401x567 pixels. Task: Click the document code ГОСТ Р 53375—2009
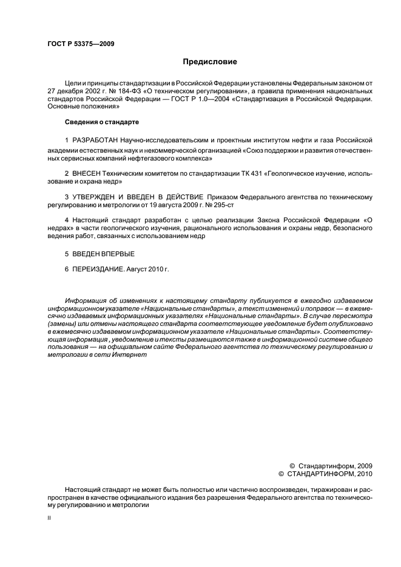click(x=81, y=44)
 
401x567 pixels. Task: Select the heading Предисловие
click(x=210, y=61)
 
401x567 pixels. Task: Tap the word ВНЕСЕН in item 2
click(x=89, y=173)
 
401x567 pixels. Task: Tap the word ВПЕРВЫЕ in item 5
click(x=115, y=253)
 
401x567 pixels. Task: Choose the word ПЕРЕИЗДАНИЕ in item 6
click(x=98, y=268)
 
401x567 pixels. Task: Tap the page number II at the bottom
click(x=49, y=519)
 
